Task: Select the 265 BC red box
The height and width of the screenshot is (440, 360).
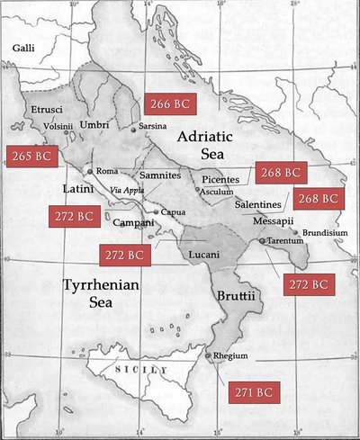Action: tap(30, 156)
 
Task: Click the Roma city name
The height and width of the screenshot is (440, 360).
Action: tap(107, 171)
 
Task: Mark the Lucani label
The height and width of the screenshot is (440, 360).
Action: tap(206, 255)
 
